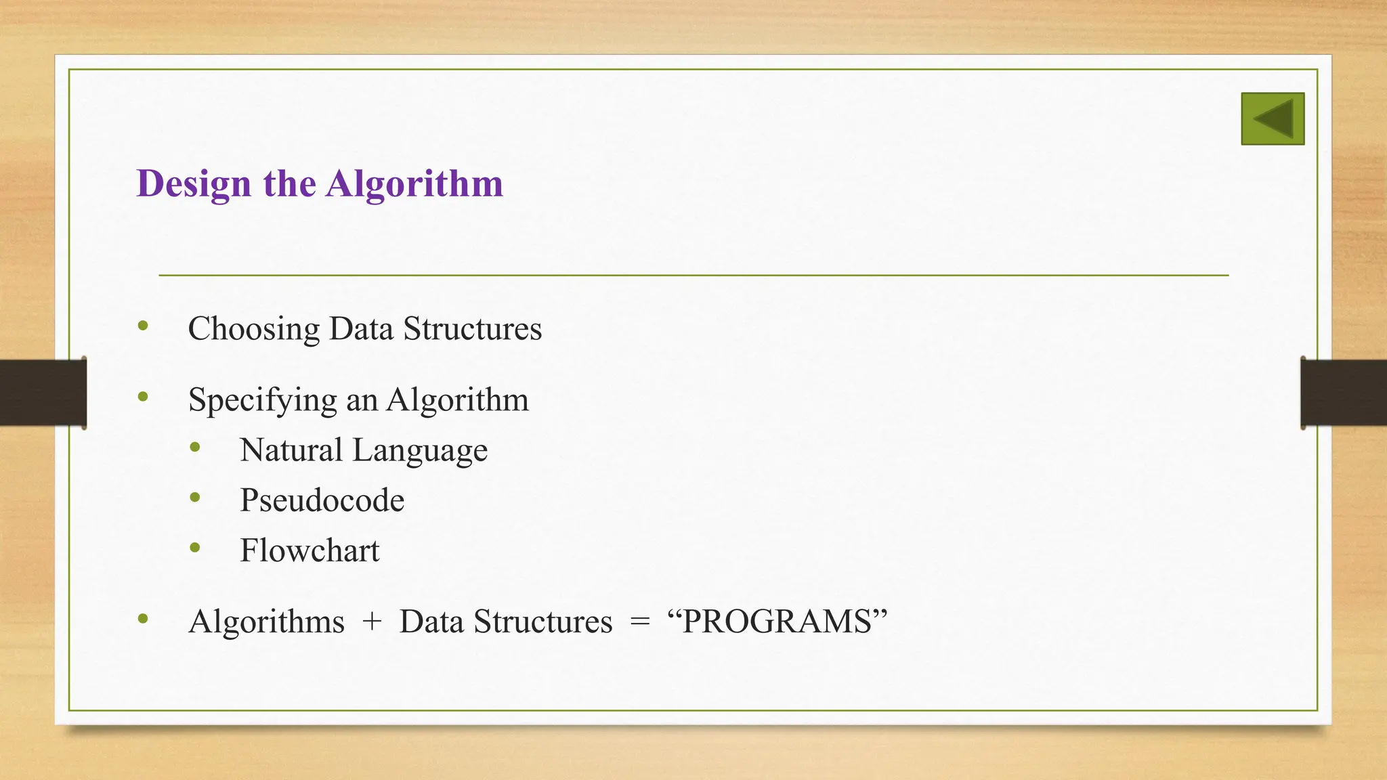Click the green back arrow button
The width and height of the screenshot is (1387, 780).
pyautogui.click(x=1273, y=118)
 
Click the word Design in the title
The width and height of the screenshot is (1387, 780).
pyautogui.click(x=194, y=183)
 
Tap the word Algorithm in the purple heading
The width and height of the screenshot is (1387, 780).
pyautogui.click(x=414, y=183)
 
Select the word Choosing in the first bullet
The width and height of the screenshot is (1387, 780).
pyautogui.click(x=253, y=330)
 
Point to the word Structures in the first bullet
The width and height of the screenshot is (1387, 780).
pyautogui.click(x=472, y=328)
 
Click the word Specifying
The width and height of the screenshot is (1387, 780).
pyautogui.click(x=262, y=400)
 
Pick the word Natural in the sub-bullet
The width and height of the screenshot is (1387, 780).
pyautogui.click(x=291, y=450)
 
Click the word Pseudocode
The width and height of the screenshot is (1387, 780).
pyautogui.click(x=322, y=500)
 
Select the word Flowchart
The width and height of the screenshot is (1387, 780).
pyautogui.click(x=310, y=550)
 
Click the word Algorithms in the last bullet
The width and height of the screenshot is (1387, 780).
pyautogui.click(x=266, y=622)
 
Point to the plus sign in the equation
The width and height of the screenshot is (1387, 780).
pyautogui.click(x=372, y=622)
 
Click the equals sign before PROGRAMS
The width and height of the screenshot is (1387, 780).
pyautogui.click(x=639, y=622)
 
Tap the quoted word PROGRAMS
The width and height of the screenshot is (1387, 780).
pyautogui.click(x=777, y=622)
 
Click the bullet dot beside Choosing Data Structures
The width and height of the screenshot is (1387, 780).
pyautogui.click(x=142, y=326)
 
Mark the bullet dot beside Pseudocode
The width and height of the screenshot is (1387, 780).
pyautogui.click(x=195, y=498)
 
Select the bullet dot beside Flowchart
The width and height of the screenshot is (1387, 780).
pyautogui.click(x=195, y=548)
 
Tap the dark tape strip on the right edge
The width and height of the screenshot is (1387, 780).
pyautogui.click(x=1344, y=393)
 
